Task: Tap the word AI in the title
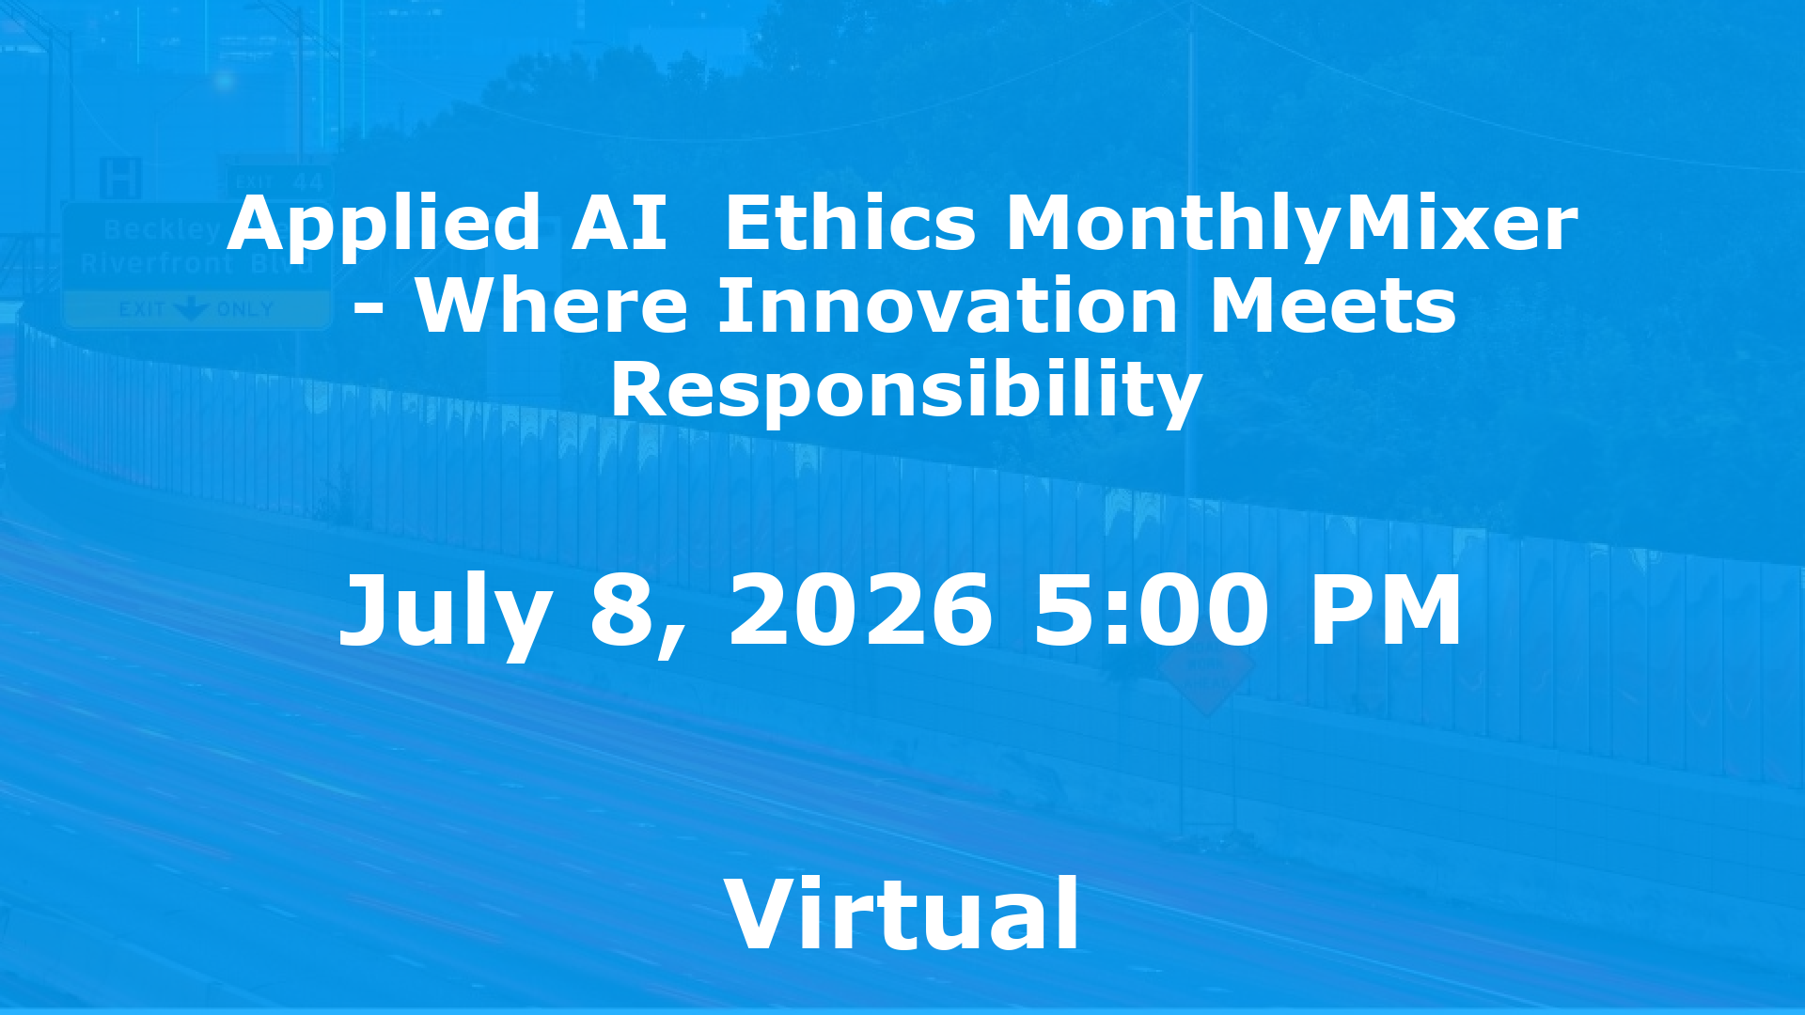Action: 620,224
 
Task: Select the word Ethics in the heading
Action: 851,224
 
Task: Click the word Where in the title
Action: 552,306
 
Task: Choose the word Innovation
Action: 948,306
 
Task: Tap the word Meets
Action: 1333,306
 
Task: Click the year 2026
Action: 860,611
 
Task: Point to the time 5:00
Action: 1151,611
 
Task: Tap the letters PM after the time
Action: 1385,611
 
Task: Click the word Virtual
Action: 902,914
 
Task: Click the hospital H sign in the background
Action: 120,178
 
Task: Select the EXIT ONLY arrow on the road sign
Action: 193,309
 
